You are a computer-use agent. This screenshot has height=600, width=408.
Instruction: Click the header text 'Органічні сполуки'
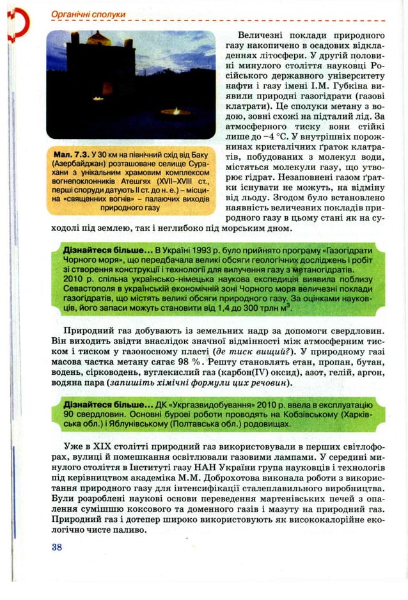[80, 13]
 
